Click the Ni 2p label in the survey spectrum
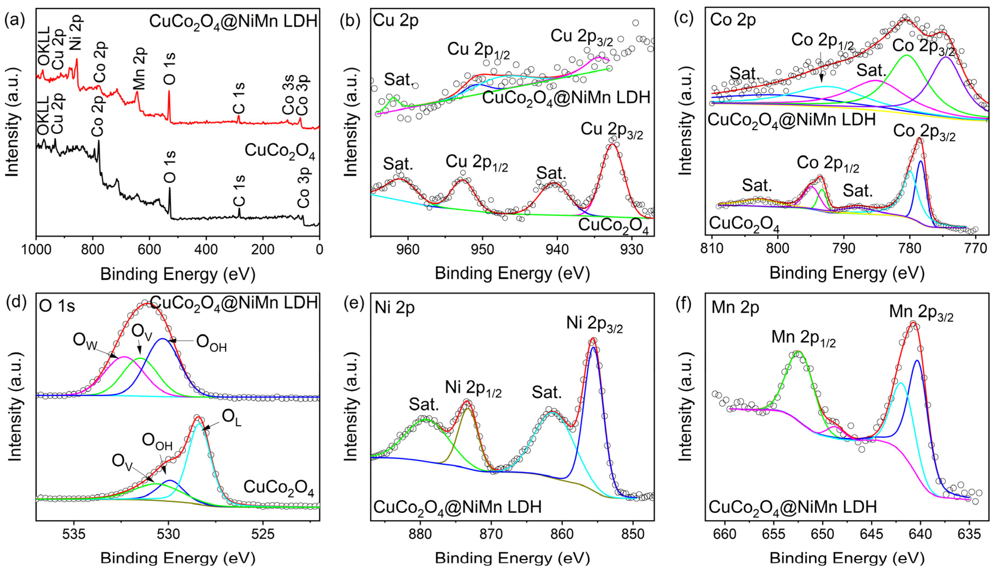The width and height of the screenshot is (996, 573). pos(76,31)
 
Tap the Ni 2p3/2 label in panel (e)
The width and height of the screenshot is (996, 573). pos(594,324)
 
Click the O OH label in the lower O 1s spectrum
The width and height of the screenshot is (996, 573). pos(157,441)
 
